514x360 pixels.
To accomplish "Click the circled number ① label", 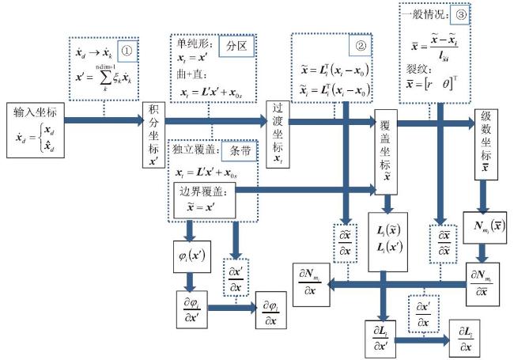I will tap(127, 51).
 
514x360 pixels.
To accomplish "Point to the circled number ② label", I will tap(361, 46).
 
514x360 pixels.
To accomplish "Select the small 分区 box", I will tap(235, 46).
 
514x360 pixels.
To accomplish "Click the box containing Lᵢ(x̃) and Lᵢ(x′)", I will tap(390, 238).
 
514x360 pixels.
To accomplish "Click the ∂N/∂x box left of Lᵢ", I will tap(313, 282).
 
